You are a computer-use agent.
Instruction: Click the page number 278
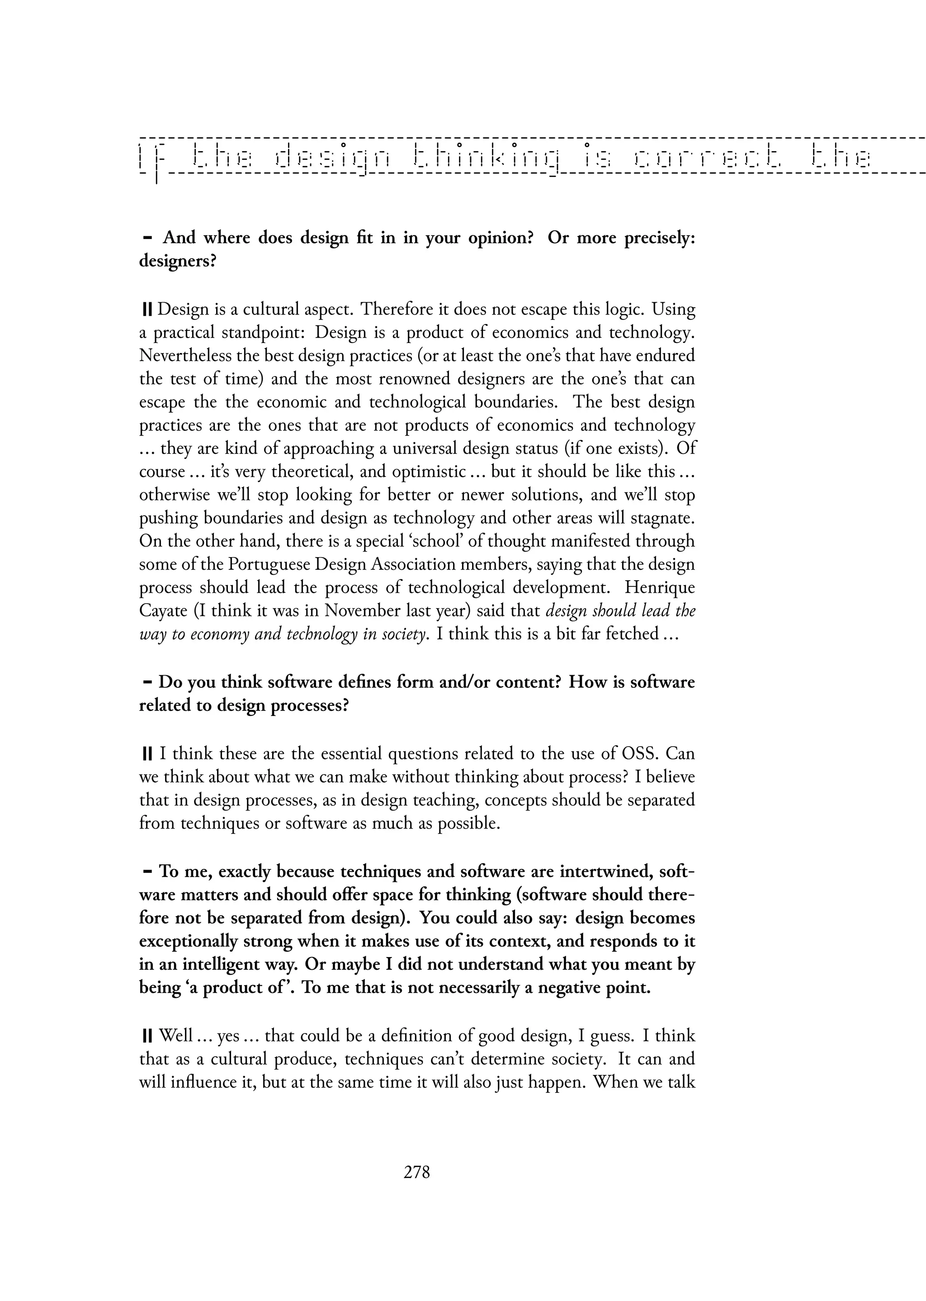pyautogui.click(x=416, y=1172)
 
